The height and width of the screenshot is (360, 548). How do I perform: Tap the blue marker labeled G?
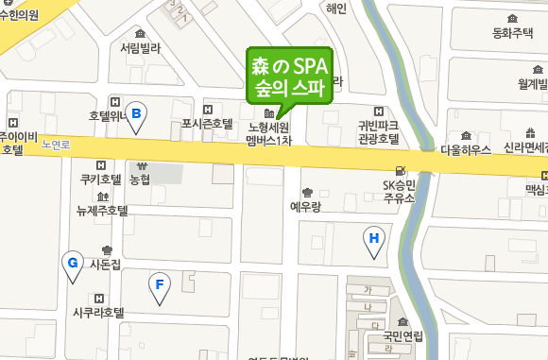coord(71,264)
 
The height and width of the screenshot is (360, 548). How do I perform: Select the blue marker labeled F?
coord(160,284)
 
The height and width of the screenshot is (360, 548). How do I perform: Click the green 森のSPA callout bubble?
coord(289,78)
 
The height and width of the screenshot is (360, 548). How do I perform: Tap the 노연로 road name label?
coord(57,146)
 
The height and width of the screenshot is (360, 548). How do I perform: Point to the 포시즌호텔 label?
coord(207,124)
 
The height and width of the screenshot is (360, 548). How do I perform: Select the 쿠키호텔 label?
coord(101,179)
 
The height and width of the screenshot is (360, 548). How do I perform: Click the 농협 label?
coord(140,179)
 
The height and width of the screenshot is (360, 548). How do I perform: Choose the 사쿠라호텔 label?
coord(99,312)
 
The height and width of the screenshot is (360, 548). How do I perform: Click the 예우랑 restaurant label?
coord(307,205)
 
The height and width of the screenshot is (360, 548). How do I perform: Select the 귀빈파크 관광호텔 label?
coord(378,131)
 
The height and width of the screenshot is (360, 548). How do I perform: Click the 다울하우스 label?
coord(465,149)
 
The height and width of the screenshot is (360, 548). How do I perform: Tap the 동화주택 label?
coord(513,33)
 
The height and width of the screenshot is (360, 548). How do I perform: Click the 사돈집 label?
coord(105,265)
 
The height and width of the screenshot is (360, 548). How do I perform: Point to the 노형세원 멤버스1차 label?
coord(269,133)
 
